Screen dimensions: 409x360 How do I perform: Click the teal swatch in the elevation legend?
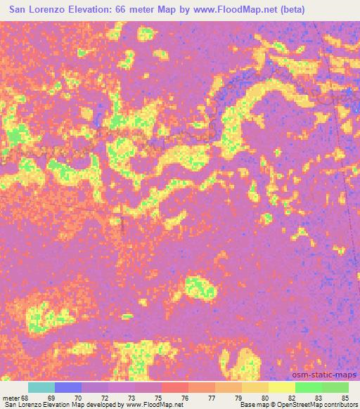pyautogui.click(x=41, y=387)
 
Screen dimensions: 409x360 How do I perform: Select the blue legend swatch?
pyautogui.click(x=67, y=387)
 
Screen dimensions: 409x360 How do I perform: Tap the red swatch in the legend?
pyautogui.click(x=174, y=387)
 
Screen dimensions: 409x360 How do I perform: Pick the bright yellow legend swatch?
pyautogui.click(x=281, y=387)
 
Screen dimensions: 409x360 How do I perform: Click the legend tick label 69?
pyautogui.click(x=51, y=398)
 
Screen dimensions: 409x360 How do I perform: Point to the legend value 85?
pyautogui.click(x=344, y=398)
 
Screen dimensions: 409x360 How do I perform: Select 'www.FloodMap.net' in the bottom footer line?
pyautogui.click(x=154, y=405)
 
